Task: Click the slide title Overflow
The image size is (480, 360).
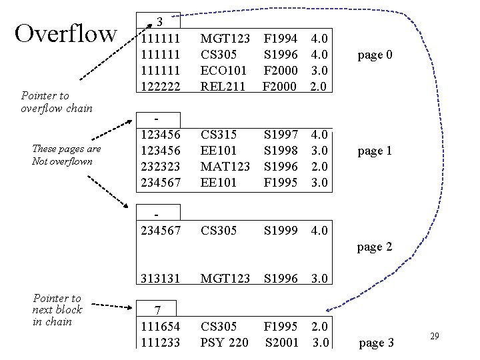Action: pyautogui.click(x=65, y=34)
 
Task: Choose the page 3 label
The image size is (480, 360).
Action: pyautogui.click(x=377, y=343)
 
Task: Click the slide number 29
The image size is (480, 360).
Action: pyautogui.click(x=434, y=337)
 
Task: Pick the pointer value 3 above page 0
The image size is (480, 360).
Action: pyautogui.click(x=161, y=22)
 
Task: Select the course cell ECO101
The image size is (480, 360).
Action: pyautogui.click(x=224, y=71)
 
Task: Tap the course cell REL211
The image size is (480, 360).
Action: pyautogui.click(x=223, y=86)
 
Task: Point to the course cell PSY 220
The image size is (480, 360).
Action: pyautogui.click(x=225, y=343)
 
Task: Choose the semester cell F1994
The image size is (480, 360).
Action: pyautogui.click(x=281, y=39)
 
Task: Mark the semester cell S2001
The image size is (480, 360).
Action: pyautogui.click(x=281, y=343)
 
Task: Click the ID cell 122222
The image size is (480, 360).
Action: pyautogui.click(x=161, y=86)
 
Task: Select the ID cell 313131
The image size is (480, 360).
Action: pyautogui.click(x=161, y=279)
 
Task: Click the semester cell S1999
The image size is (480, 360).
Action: pyautogui.click(x=281, y=231)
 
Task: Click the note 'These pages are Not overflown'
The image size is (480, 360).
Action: pyautogui.click(x=66, y=155)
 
